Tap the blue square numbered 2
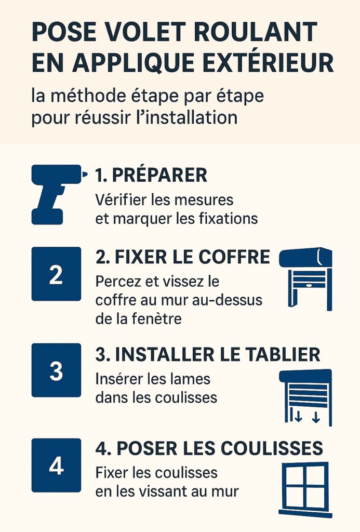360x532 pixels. click(x=56, y=274)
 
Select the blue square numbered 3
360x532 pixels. click(x=56, y=370)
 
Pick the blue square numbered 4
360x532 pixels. click(x=56, y=465)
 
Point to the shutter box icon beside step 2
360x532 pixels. click(x=305, y=279)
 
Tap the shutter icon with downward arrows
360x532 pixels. click(x=305, y=397)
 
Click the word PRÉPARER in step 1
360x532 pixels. click(x=159, y=175)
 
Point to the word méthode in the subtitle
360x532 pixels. click(x=88, y=96)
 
